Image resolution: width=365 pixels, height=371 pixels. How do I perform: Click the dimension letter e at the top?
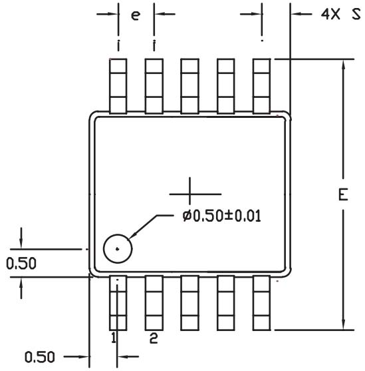coord(136,15)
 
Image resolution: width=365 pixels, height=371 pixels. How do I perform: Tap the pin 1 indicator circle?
coord(118,249)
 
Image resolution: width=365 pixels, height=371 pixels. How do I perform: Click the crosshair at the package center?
coord(191,194)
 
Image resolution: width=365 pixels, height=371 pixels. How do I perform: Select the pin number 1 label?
coord(114,338)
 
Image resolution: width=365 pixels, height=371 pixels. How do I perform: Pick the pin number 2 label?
coord(153,338)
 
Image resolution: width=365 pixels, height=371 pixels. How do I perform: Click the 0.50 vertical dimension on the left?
coord(21,264)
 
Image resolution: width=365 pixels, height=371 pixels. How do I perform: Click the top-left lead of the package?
coord(118,86)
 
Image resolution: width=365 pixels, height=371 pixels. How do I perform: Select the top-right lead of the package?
coord(262,86)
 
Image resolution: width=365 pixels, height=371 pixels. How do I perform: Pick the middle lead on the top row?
coord(190,86)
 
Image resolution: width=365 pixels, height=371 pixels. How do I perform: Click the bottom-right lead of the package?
coord(262,302)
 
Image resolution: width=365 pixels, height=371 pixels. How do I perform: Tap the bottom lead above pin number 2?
coord(154,302)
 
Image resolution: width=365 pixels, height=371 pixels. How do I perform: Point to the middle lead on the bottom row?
coord(190,302)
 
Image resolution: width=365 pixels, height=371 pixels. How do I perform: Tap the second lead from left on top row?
coord(154,86)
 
